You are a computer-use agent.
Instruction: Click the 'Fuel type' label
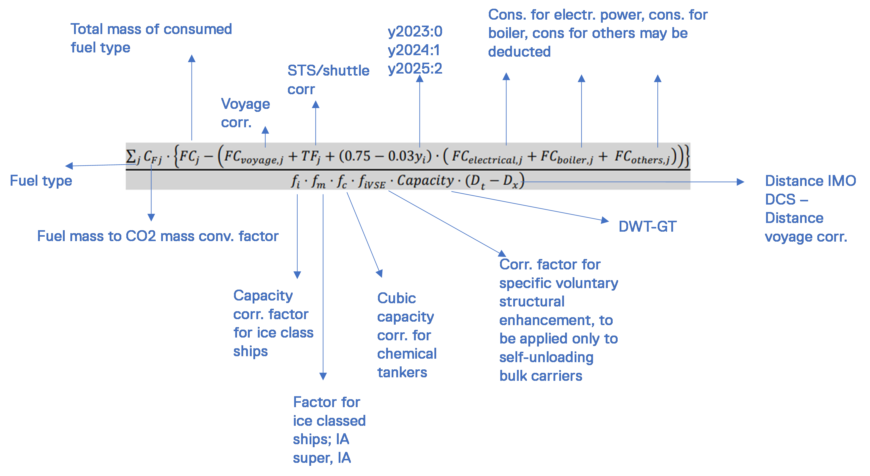click(x=41, y=181)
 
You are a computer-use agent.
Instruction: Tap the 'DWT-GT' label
click(x=647, y=226)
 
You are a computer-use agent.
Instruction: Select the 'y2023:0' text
click(x=415, y=32)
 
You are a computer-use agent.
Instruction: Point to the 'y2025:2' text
click(x=415, y=69)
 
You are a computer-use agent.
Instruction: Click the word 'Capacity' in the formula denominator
click(x=425, y=181)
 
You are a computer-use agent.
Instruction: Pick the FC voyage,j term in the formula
click(x=253, y=157)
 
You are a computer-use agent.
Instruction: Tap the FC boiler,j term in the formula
click(x=567, y=157)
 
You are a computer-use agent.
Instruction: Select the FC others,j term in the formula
click(x=642, y=157)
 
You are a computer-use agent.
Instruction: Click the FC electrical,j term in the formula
click(x=487, y=157)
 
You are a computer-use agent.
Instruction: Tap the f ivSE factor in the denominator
click(x=371, y=182)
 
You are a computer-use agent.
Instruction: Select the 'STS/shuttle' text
click(x=328, y=71)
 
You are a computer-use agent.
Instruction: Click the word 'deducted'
click(x=519, y=52)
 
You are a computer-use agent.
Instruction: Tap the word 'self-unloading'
click(x=546, y=357)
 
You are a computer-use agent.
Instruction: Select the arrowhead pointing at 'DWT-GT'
click(x=605, y=221)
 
